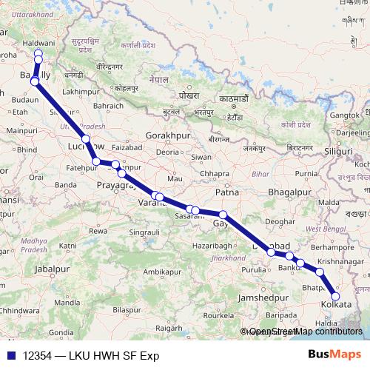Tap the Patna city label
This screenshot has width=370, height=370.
pos(226,192)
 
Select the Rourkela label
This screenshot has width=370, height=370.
pos(223,314)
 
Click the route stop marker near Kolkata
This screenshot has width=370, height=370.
pos(335,297)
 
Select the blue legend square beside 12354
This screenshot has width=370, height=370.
pos(10,355)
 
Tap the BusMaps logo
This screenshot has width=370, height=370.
pos(335,354)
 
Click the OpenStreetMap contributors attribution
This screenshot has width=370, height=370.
pos(305,332)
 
